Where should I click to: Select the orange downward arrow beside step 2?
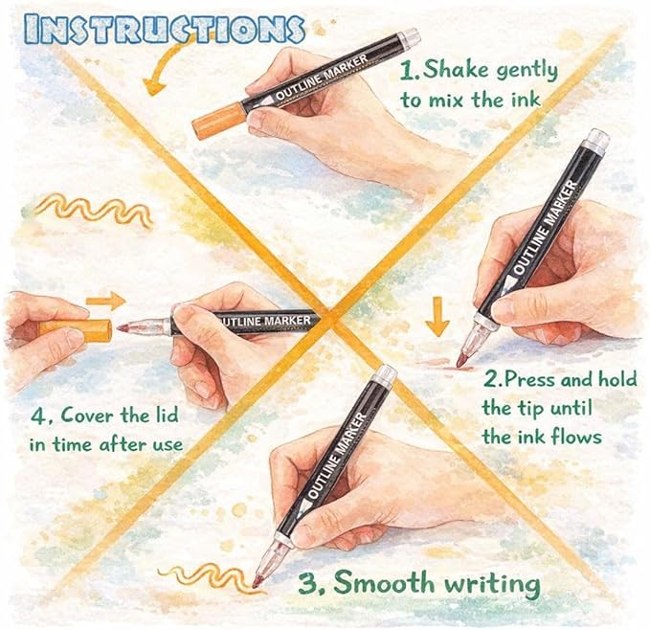[437, 317]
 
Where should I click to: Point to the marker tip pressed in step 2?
[462, 359]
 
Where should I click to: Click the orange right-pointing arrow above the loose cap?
[106, 301]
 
